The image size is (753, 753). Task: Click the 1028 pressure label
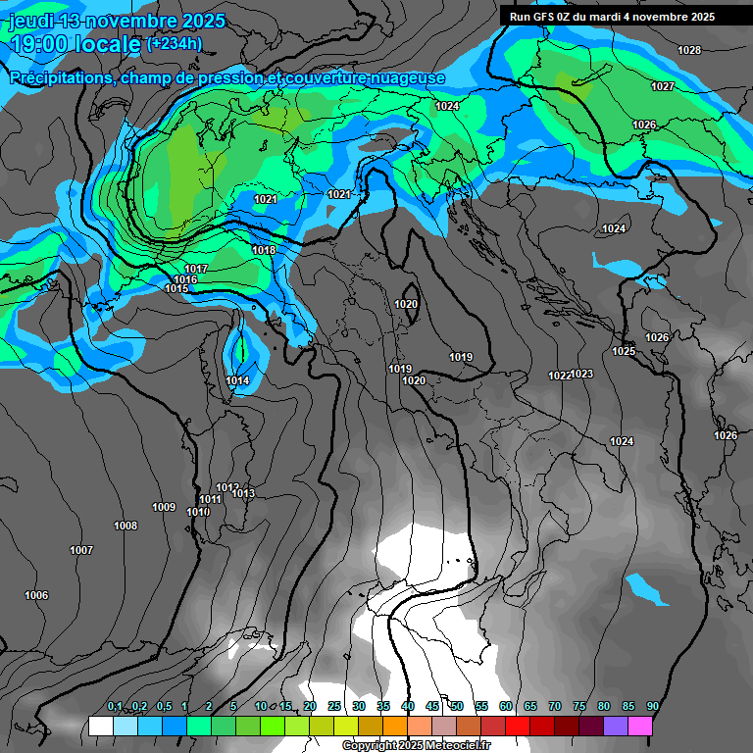689,50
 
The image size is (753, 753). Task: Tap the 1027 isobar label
663,87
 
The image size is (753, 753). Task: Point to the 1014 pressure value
237,380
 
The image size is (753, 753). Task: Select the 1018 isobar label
264,250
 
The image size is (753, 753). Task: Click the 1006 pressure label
36,595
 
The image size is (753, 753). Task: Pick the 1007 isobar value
81,550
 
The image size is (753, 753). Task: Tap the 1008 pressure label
125,527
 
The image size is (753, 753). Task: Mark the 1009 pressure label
164,507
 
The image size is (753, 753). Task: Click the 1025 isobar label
624,351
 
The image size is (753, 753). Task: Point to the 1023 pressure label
581,374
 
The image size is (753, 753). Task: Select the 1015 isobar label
176,288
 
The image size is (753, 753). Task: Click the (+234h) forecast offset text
174,43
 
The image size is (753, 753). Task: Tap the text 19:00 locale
75,44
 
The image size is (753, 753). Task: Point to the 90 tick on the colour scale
652,706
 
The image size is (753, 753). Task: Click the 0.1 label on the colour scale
114,706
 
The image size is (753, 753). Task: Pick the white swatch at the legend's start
100,726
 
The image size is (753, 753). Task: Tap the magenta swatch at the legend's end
639,726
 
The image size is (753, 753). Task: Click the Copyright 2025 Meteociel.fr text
416,745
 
